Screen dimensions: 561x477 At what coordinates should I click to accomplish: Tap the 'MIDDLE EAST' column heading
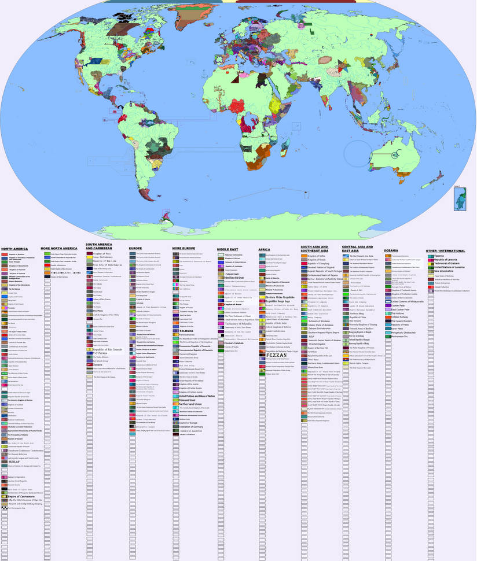tap(228, 249)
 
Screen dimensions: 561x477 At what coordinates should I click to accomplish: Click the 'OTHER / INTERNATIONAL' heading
tap(445, 250)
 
